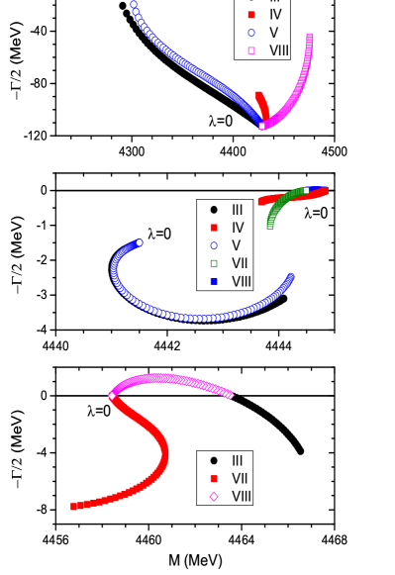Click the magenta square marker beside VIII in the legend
point(250,50)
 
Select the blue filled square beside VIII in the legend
point(214,281)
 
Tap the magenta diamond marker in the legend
point(214,496)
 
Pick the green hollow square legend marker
point(214,263)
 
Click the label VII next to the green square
point(240,263)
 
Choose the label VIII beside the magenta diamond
point(242,496)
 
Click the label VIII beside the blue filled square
point(242,281)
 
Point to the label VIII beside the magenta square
point(279,50)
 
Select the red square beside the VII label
point(214,478)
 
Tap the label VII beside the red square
point(240,478)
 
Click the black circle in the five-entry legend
point(214,210)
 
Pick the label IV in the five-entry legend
point(238,228)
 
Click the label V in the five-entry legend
point(237,245)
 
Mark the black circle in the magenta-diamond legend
point(214,460)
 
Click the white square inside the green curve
point(306,189)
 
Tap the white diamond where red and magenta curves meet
point(112,396)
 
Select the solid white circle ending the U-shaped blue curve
point(140,242)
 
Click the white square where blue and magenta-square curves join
point(262,126)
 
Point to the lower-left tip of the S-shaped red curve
point(73,507)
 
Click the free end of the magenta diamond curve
point(230,395)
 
